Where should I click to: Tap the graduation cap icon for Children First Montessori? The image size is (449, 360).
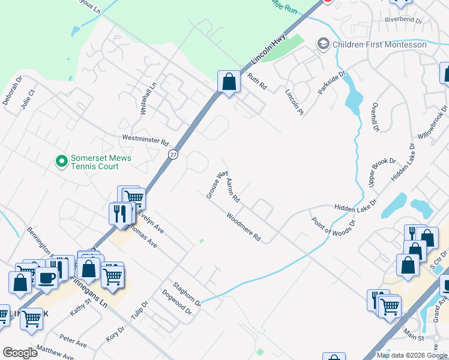[x=324, y=44]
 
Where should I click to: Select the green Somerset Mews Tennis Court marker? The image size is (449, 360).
[x=61, y=161]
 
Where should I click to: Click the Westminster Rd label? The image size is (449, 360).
[x=145, y=140]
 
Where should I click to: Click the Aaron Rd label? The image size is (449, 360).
[x=233, y=190]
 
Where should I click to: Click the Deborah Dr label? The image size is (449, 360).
[x=13, y=90]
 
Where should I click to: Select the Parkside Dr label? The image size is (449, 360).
[x=333, y=85]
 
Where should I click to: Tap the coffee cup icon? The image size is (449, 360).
[x=46, y=278]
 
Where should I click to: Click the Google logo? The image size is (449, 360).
[x=20, y=353]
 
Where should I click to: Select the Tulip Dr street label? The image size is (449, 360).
[x=139, y=313]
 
